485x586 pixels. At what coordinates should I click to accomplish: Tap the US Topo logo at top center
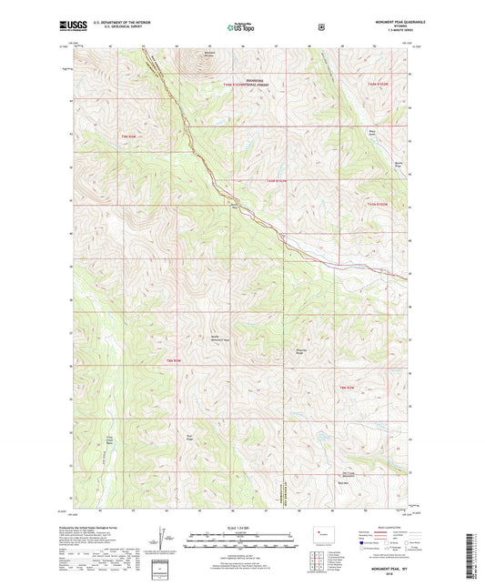pos(241,27)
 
